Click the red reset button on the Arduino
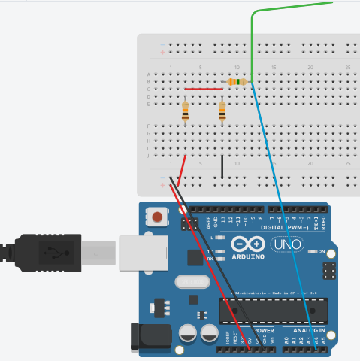(x=157, y=218)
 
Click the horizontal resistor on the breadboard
(x=237, y=81)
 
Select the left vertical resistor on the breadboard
(x=186, y=112)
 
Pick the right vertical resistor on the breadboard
(x=222, y=112)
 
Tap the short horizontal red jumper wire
(x=203, y=89)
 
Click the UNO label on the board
(x=284, y=245)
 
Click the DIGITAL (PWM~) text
(x=289, y=226)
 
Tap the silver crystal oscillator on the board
(x=190, y=282)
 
